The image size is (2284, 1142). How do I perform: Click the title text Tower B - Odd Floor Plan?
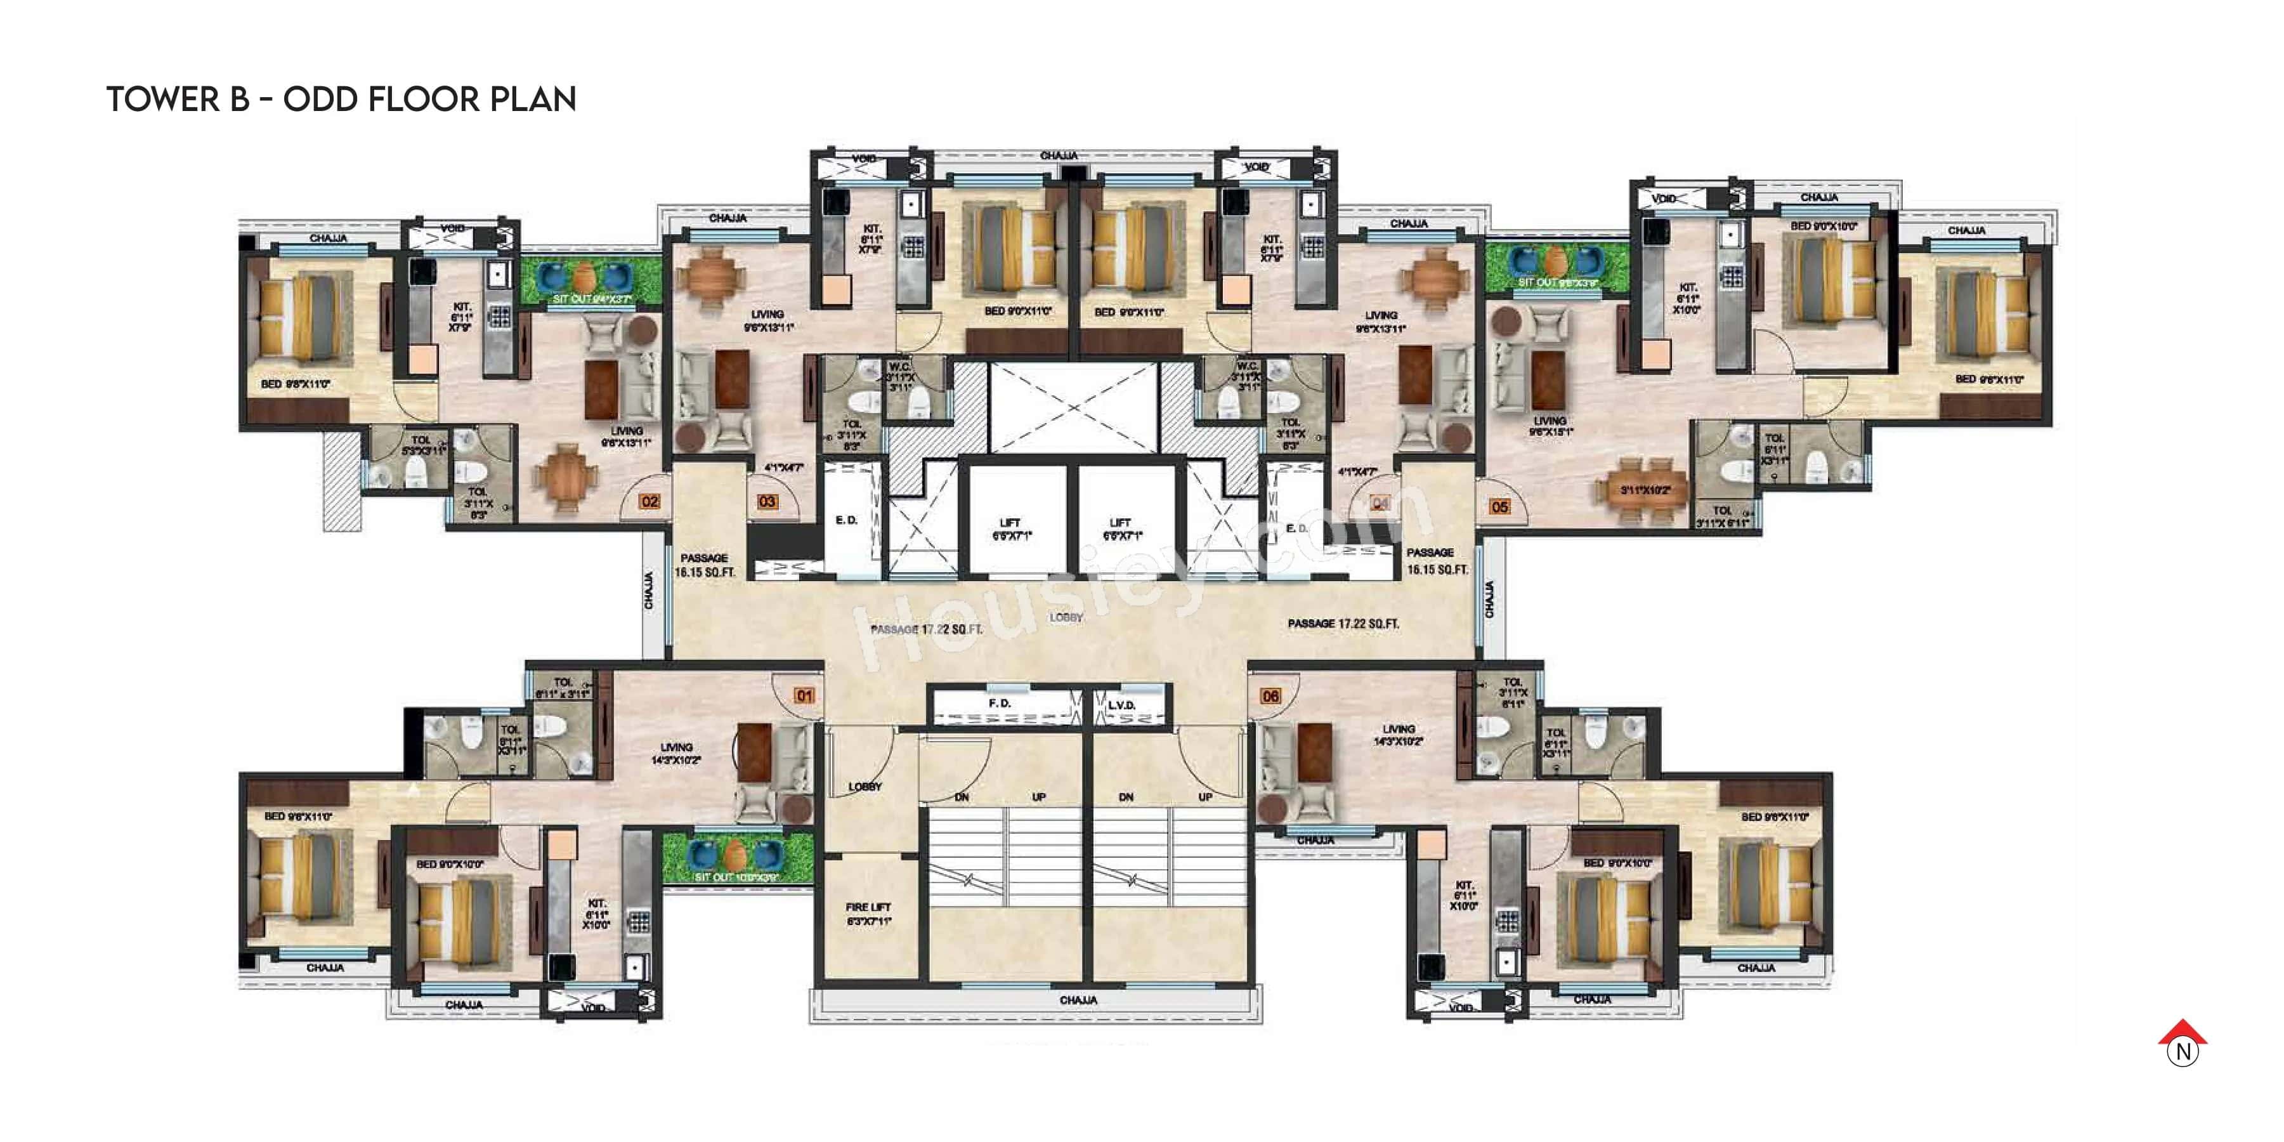[x=341, y=100]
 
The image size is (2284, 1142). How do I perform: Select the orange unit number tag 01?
[x=804, y=696]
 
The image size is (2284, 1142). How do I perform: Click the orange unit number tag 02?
[x=650, y=502]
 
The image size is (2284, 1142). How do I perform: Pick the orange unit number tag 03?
[x=767, y=502]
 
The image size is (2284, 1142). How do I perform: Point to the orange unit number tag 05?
[x=1499, y=507]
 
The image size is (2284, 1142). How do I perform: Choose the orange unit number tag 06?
[x=1270, y=697]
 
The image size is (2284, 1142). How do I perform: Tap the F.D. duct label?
[x=999, y=703]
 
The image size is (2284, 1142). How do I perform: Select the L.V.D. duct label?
[x=1121, y=705]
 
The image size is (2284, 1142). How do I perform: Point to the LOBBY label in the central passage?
[x=1066, y=617]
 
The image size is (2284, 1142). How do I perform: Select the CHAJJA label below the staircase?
[x=1078, y=1000]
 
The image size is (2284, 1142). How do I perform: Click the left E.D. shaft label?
[x=846, y=520]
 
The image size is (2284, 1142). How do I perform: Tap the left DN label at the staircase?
[x=961, y=797]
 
